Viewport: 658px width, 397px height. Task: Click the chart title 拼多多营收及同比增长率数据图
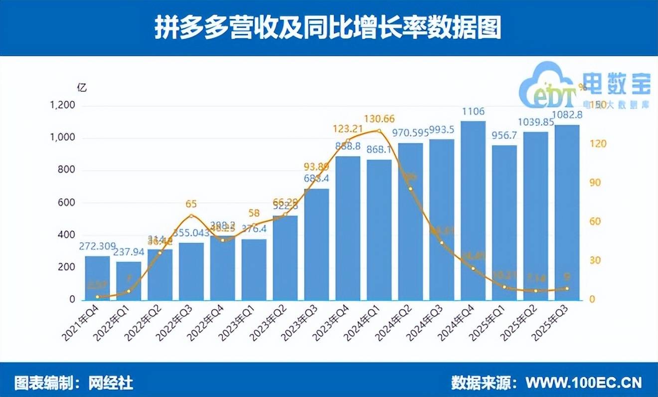click(x=329, y=28)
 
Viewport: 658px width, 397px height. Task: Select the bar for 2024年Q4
click(x=473, y=209)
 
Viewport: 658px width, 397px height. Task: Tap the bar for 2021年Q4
click(x=97, y=278)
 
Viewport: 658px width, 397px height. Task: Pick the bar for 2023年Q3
click(x=317, y=244)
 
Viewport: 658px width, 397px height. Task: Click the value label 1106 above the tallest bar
click(x=473, y=111)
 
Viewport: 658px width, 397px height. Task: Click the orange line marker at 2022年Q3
click(x=191, y=215)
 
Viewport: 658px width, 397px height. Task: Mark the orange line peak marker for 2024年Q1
click(x=379, y=131)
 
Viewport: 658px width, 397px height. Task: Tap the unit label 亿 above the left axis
click(x=82, y=87)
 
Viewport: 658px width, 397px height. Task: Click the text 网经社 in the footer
click(x=111, y=383)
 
